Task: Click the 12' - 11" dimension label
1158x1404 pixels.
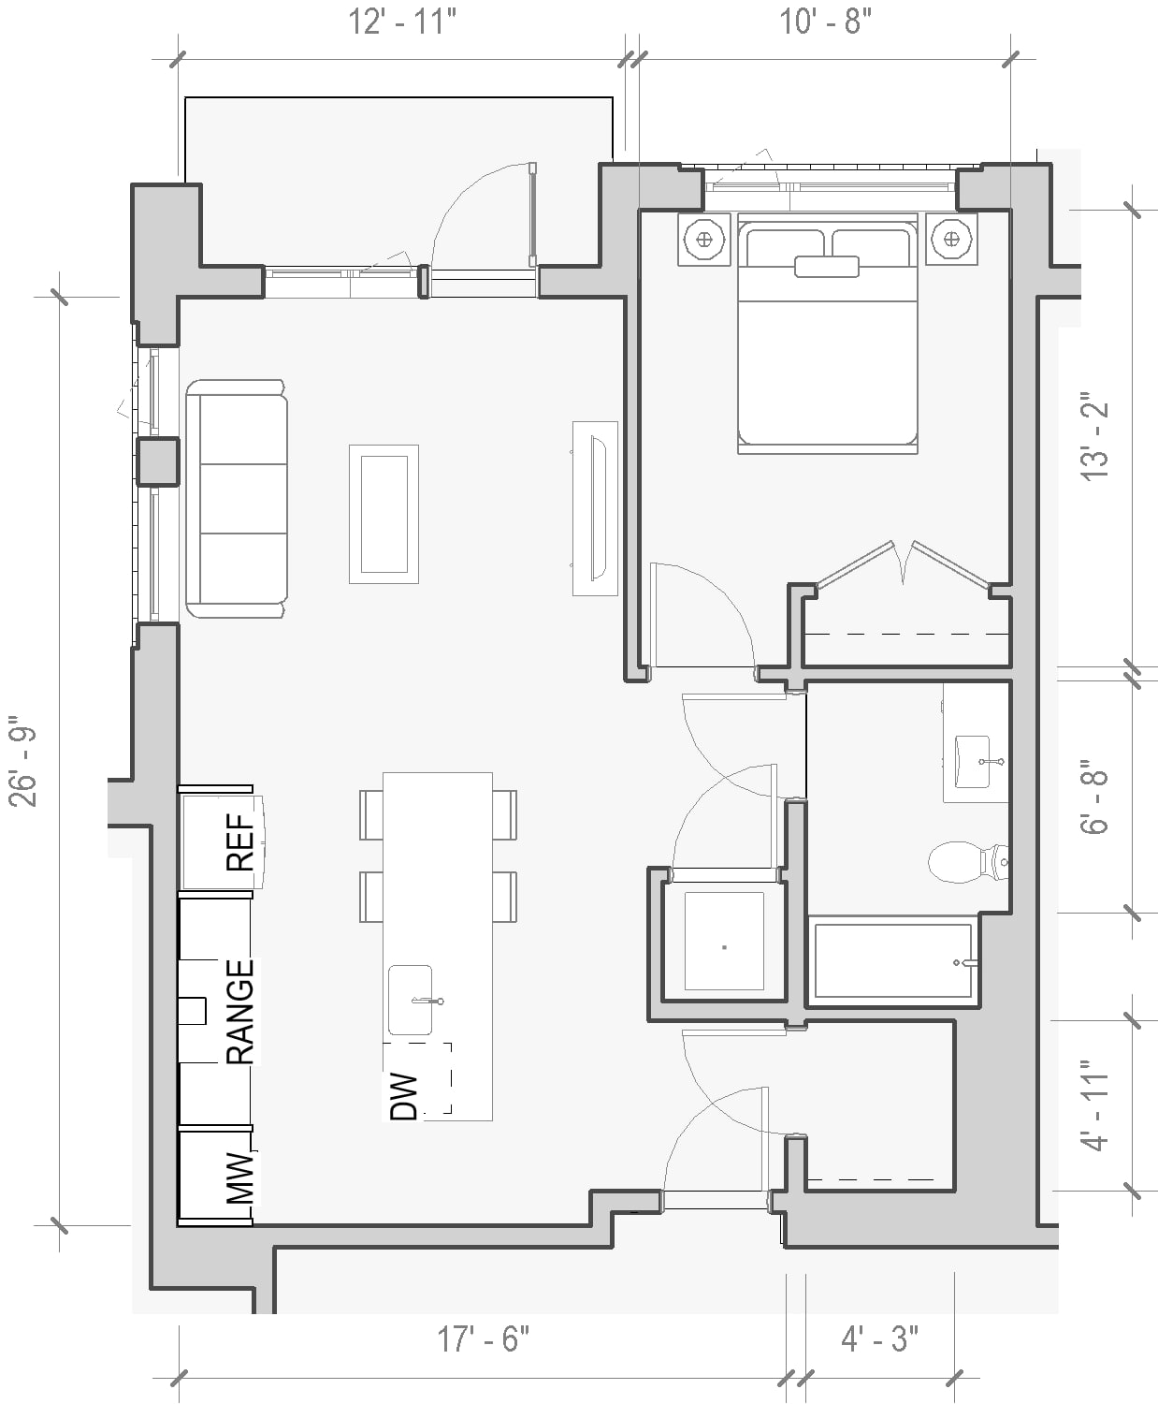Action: tap(402, 22)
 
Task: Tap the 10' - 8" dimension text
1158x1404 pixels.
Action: tap(825, 22)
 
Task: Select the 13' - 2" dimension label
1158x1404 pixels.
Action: tap(1094, 441)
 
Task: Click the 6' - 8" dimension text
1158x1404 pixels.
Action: tap(1094, 797)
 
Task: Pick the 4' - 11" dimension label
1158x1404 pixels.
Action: tap(1094, 1116)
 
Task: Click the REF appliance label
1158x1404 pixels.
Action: tap(240, 841)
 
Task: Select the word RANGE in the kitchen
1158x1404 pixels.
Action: tap(240, 1011)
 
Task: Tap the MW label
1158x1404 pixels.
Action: tap(240, 1177)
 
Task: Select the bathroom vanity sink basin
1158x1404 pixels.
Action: tap(973, 761)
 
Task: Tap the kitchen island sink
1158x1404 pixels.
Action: tap(410, 1001)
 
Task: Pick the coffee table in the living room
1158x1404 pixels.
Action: tap(384, 514)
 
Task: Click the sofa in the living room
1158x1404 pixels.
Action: tap(237, 498)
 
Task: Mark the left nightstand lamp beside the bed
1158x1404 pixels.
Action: tap(703, 239)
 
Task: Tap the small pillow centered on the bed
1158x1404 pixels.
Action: tap(827, 266)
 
